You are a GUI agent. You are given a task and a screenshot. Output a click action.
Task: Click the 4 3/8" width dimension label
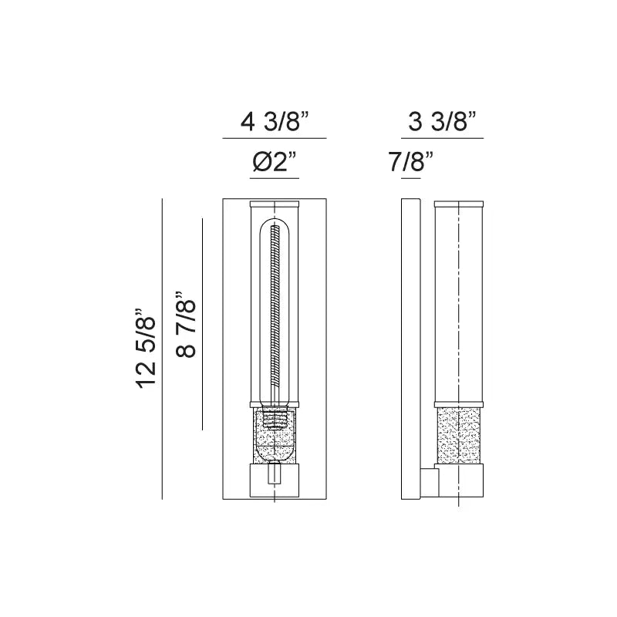[275, 122]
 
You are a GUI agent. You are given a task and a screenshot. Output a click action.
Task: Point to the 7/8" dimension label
[411, 164]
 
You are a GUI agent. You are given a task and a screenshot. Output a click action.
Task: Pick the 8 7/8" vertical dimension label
[186, 324]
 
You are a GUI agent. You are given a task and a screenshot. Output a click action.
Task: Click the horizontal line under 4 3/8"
[275, 139]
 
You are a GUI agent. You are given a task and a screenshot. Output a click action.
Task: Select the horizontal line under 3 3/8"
[443, 139]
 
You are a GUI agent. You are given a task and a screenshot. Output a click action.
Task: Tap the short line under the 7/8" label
[411, 179]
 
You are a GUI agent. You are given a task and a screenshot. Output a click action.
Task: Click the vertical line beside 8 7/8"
[202, 324]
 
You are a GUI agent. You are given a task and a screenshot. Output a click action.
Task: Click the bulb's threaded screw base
[275, 420]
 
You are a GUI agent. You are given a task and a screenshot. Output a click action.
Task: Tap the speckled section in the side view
[459, 436]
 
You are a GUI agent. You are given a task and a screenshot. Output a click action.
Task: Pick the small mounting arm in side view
[429, 482]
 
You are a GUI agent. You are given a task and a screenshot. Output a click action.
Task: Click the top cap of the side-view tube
[459, 205]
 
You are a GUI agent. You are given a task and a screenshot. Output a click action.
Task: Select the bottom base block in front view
[275, 478]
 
